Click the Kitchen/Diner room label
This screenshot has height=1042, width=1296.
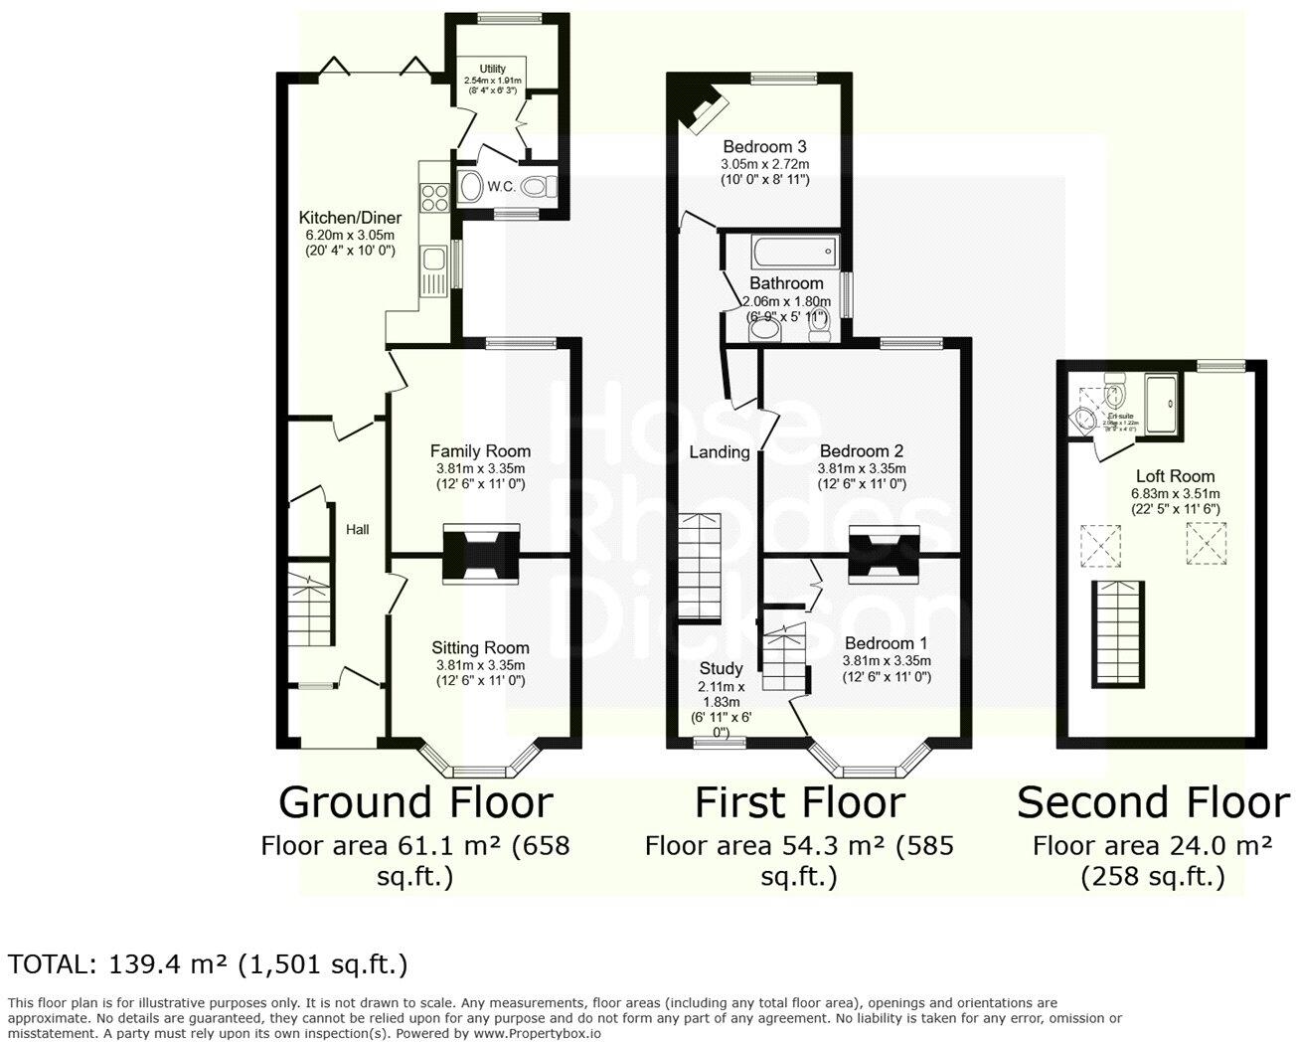tap(349, 218)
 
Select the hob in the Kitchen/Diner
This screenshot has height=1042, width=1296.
tap(434, 198)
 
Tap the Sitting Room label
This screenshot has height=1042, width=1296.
tap(480, 648)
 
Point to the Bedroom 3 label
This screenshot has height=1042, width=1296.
tap(764, 145)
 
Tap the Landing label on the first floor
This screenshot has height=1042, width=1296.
tap(720, 452)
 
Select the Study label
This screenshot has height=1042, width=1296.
tap(721, 668)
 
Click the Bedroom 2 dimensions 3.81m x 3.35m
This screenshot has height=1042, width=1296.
tap(862, 468)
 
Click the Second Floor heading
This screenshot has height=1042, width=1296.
tap(1153, 802)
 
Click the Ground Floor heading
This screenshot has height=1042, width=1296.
tap(414, 802)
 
